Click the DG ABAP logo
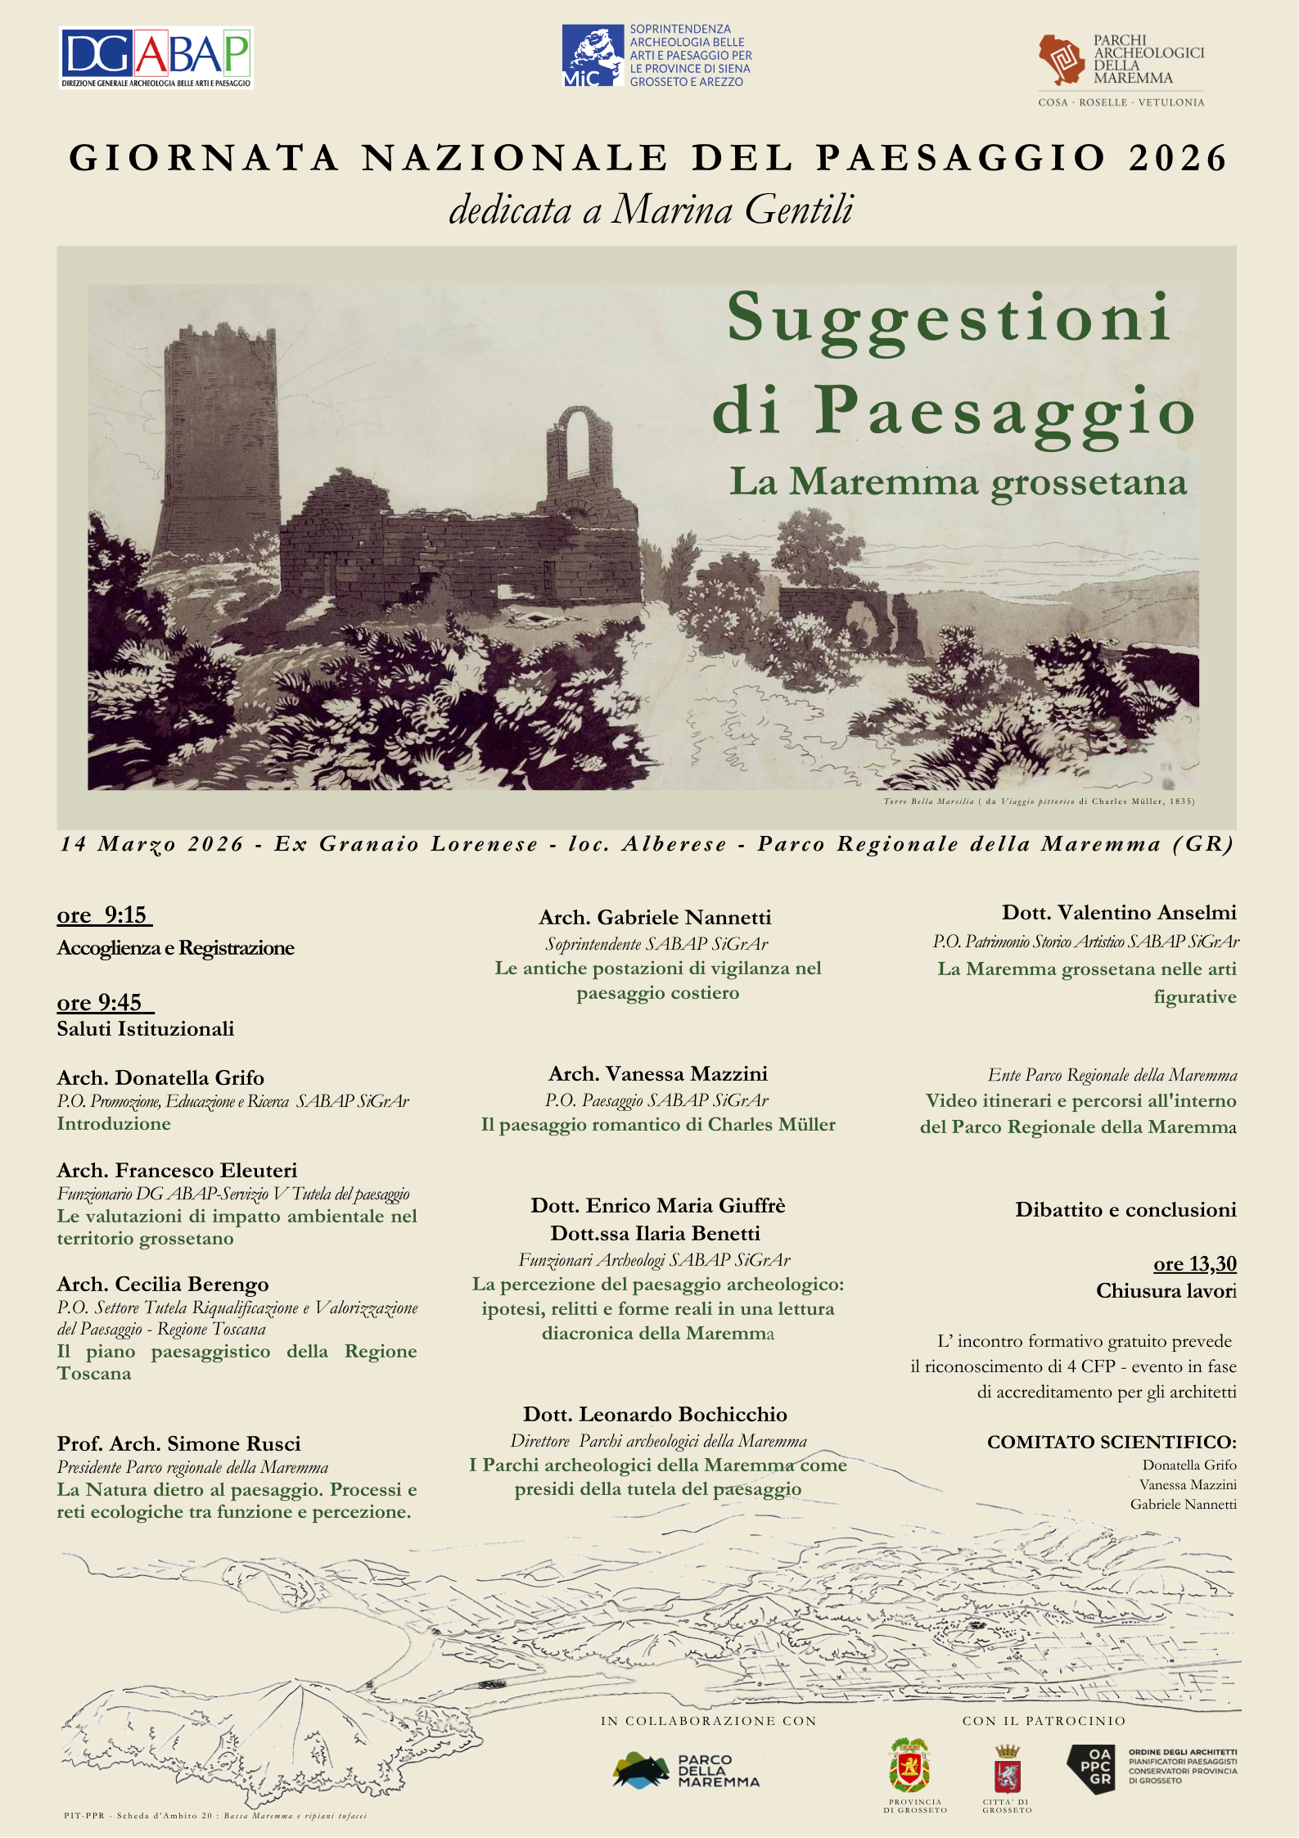pos(156,57)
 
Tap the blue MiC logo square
pos(593,56)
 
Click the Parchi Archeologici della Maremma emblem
pos(1062,60)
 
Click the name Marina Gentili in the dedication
pos(733,210)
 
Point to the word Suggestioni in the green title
pos(949,319)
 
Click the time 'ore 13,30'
pos(1194,1263)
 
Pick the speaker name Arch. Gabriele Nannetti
pos(655,917)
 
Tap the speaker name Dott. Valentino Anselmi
pos(1118,912)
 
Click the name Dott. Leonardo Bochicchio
pos(655,1414)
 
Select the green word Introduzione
pos(114,1123)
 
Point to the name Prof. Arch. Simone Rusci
pos(178,1443)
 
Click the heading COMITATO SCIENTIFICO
pos(1111,1442)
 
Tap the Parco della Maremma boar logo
pos(642,1770)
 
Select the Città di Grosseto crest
pos(1007,1770)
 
